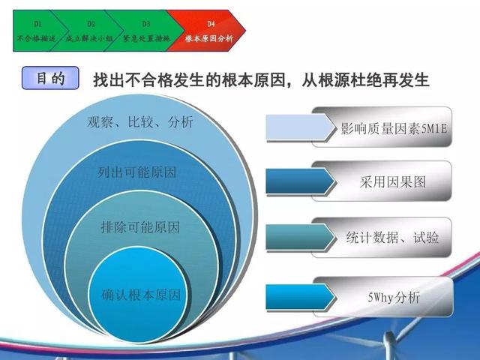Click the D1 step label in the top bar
[x=37, y=23]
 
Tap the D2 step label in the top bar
[x=91, y=23]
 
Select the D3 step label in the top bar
[x=146, y=23]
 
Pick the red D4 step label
[x=211, y=23]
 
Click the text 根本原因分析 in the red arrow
[x=209, y=38]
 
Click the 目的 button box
[x=50, y=78]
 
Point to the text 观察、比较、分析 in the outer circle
[x=140, y=121]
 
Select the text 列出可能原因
[x=136, y=172]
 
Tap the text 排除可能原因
[x=140, y=227]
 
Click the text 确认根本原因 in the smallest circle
[x=141, y=295]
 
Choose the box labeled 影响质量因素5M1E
[x=382, y=127]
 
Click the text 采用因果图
[x=393, y=182]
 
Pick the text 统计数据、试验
[x=392, y=237]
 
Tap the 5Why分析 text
[x=394, y=298]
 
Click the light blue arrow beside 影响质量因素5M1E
[x=301, y=127]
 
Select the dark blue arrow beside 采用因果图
[x=301, y=181]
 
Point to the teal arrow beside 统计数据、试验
[x=301, y=237]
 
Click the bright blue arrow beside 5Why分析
[x=301, y=297]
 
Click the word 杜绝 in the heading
[x=366, y=79]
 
